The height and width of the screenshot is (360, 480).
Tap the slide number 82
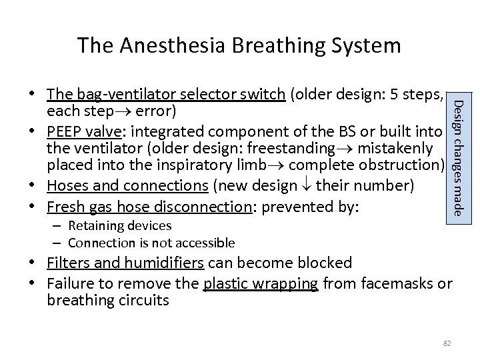click(x=447, y=343)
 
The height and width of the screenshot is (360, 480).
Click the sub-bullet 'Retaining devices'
click(x=119, y=227)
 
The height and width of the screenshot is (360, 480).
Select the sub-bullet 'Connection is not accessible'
click(x=151, y=243)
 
